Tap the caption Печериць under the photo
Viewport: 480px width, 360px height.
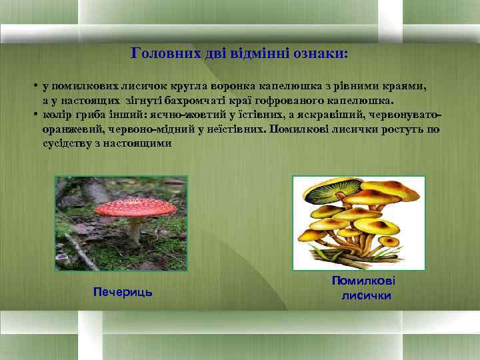[x=123, y=292]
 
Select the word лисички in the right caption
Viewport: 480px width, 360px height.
[x=366, y=295]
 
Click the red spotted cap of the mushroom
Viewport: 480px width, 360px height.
[x=135, y=207]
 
